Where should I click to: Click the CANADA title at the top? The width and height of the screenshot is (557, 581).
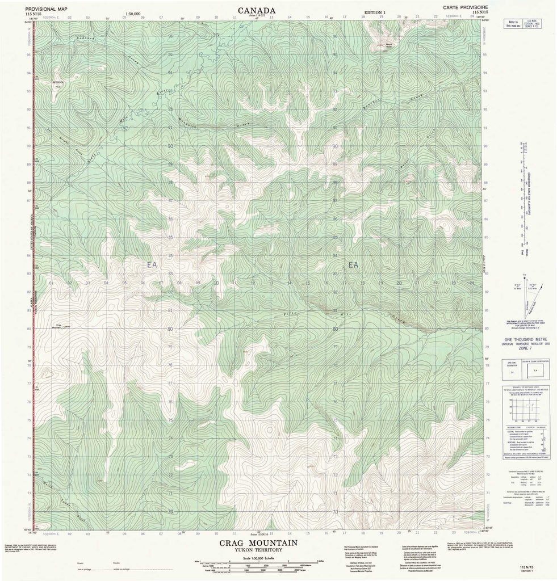click(257, 10)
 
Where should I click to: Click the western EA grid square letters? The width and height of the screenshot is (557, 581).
click(151, 264)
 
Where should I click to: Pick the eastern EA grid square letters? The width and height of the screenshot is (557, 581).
click(354, 264)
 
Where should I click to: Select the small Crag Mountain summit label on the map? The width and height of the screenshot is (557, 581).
click(58, 326)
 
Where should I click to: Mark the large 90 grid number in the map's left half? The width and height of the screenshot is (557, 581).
click(170, 146)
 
